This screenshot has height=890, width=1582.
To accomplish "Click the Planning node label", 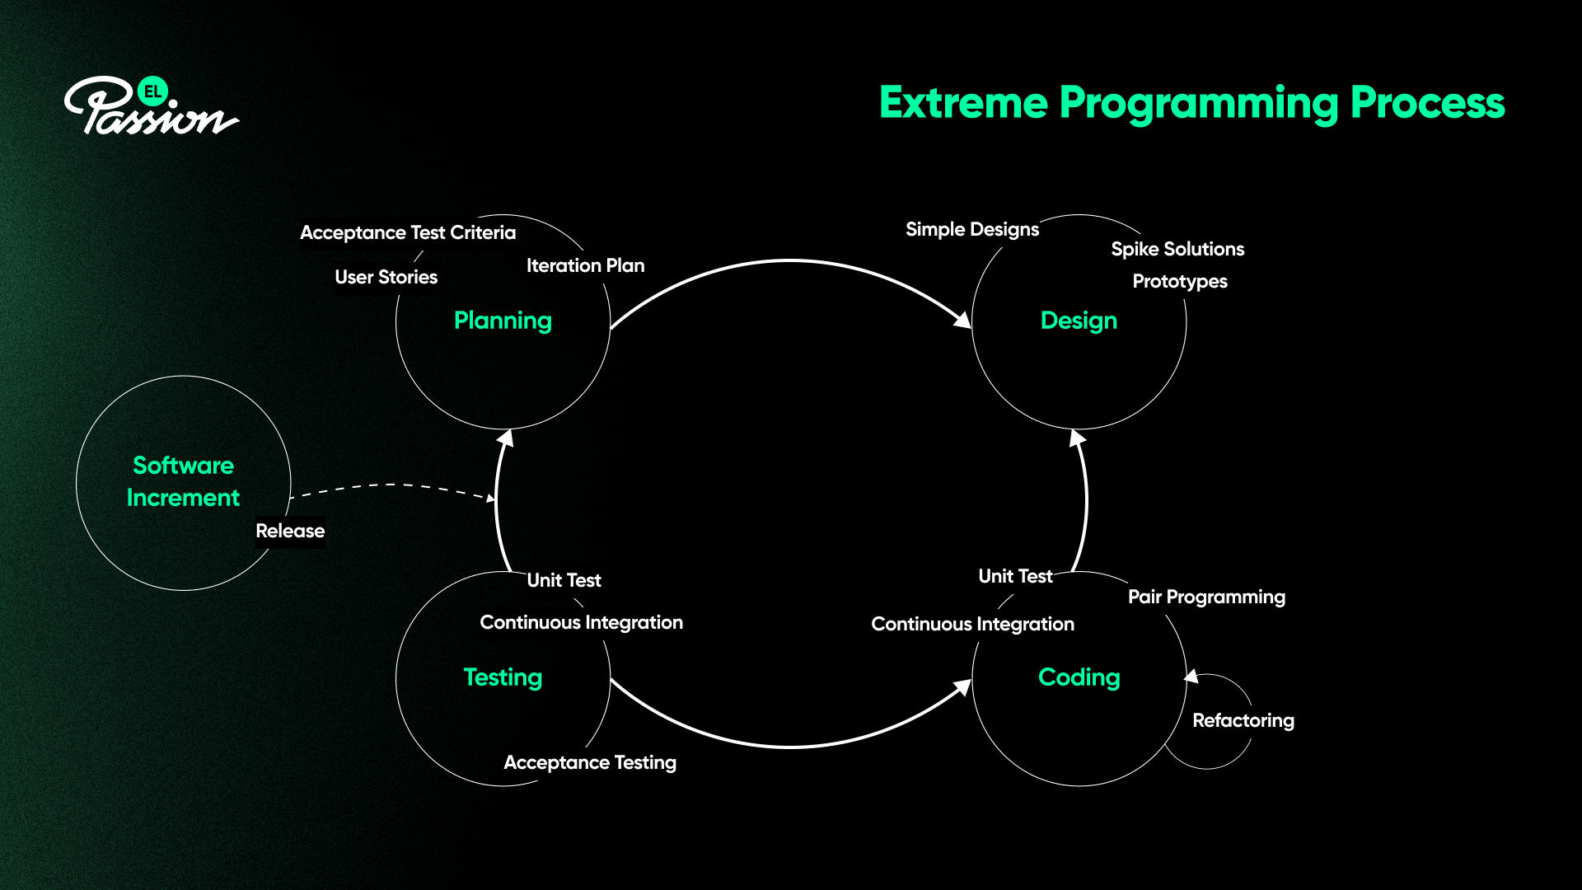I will point(503,321).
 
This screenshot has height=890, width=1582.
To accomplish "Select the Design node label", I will point(1079,321).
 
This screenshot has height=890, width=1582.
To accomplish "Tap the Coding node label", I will point(1079,677).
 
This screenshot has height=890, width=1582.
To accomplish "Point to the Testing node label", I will point(503,677).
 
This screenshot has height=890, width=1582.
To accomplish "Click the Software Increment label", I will point(183,481).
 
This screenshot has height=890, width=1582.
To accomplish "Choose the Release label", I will point(290,531).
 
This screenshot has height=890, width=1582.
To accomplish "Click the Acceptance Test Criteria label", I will point(408,232).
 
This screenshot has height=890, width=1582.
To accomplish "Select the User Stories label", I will point(386,277).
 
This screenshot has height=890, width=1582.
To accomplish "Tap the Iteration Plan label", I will point(585,265).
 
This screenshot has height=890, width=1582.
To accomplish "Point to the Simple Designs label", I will point(972,229).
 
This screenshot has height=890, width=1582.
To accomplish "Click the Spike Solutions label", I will point(1177,249).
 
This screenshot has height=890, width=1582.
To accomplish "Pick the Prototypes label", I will point(1180,281).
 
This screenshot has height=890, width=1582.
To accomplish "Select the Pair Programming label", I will point(1206,597).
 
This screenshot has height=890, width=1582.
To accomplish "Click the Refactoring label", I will point(1243,720).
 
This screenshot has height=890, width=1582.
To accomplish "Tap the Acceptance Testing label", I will point(590,762).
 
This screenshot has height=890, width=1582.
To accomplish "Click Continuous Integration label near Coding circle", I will point(972,624).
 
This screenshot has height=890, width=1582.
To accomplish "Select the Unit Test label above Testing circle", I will point(564,580).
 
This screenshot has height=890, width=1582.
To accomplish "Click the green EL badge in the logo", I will point(152,91).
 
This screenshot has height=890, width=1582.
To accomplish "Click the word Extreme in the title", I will point(963,103).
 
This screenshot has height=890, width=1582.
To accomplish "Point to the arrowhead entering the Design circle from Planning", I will point(962,320).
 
